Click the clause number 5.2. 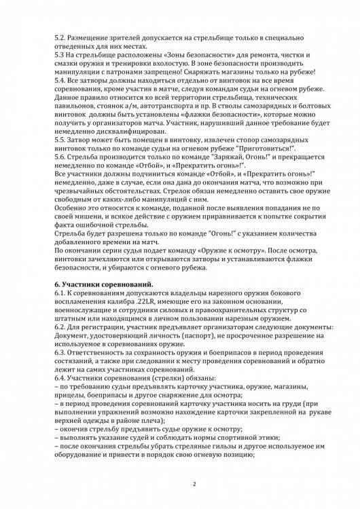(58, 34)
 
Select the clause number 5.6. (58, 155)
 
